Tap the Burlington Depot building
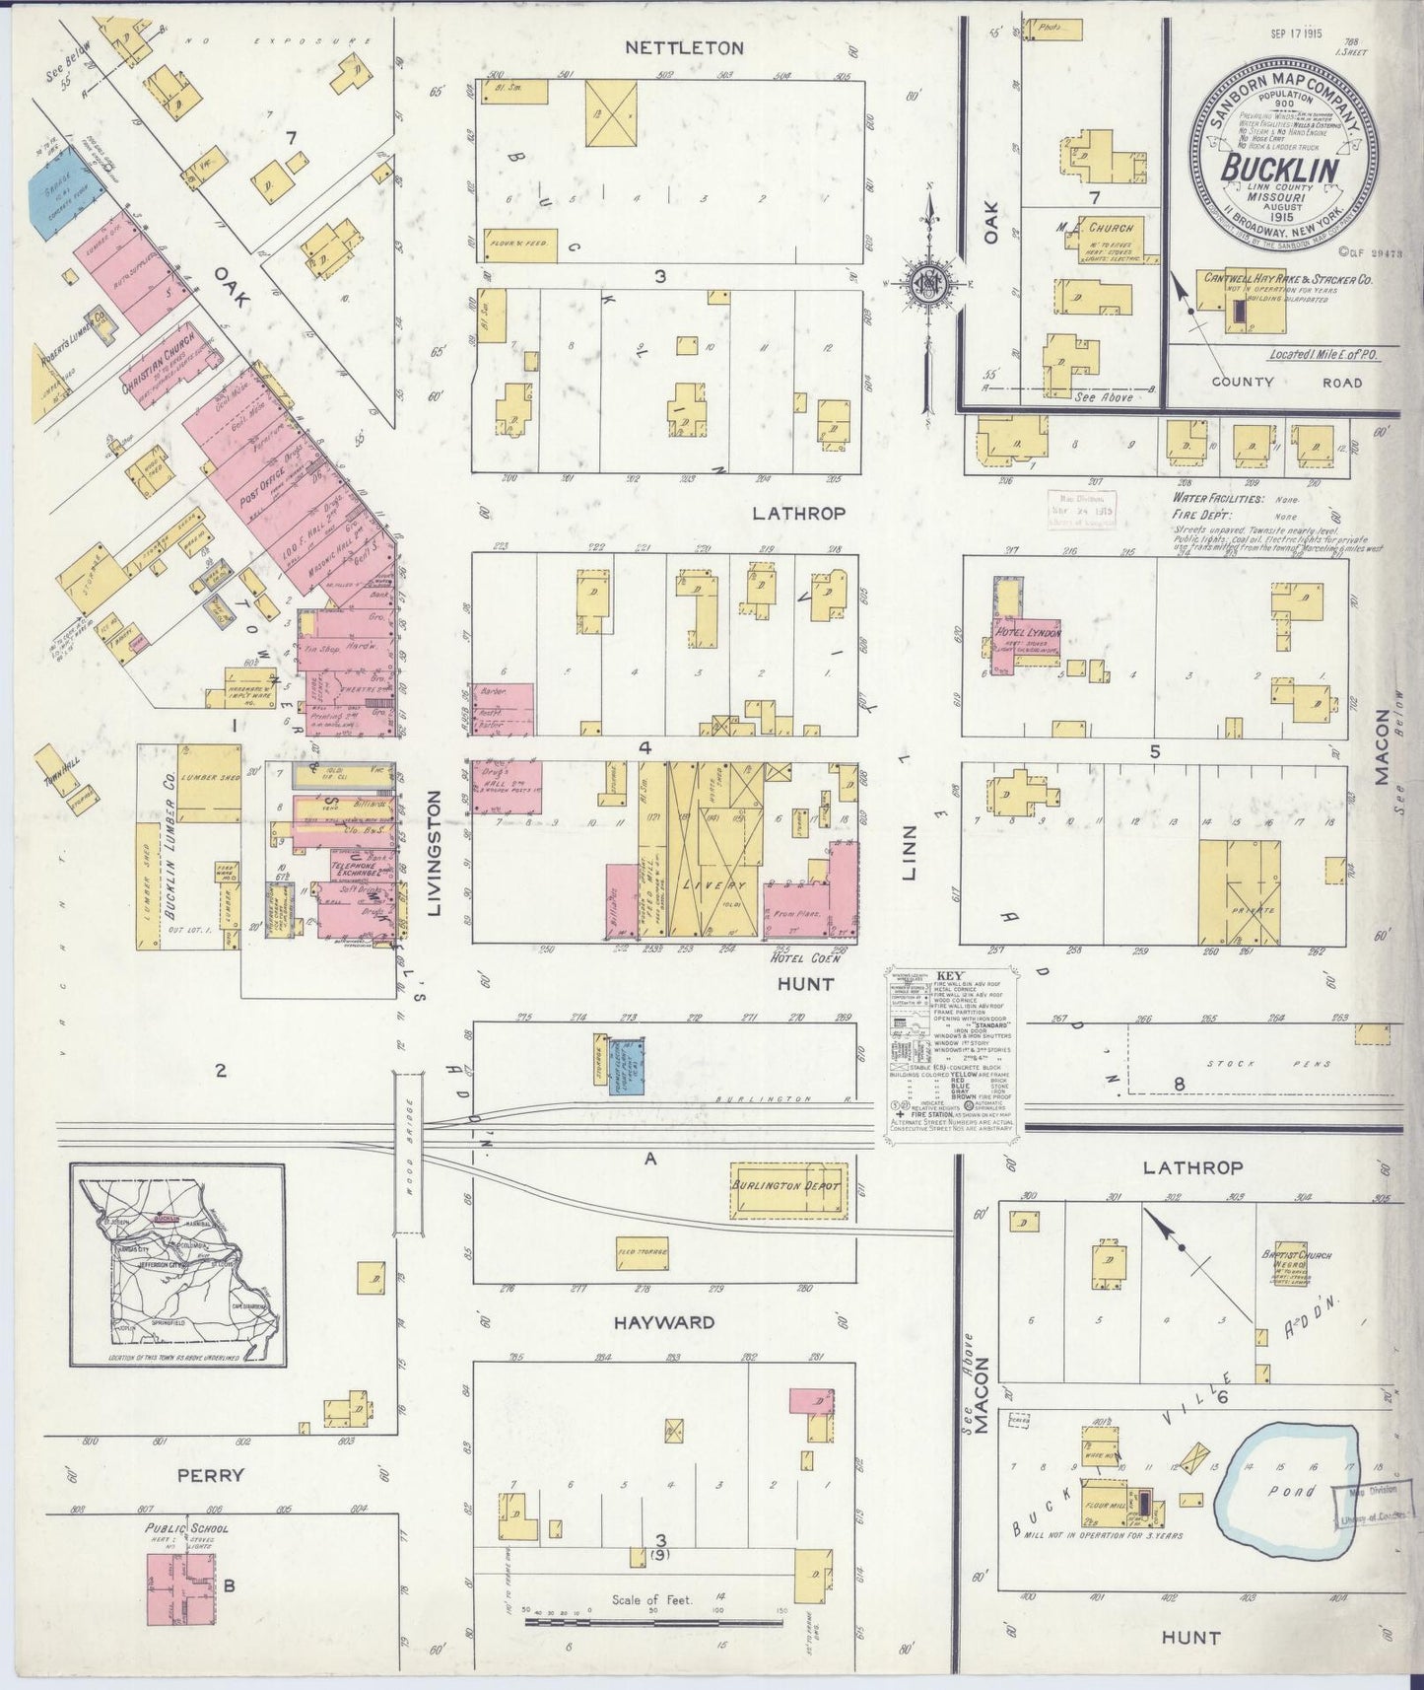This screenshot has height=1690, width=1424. pyautogui.click(x=786, y=1185)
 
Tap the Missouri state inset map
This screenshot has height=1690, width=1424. pyautogui.click(x=177, y=1265)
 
